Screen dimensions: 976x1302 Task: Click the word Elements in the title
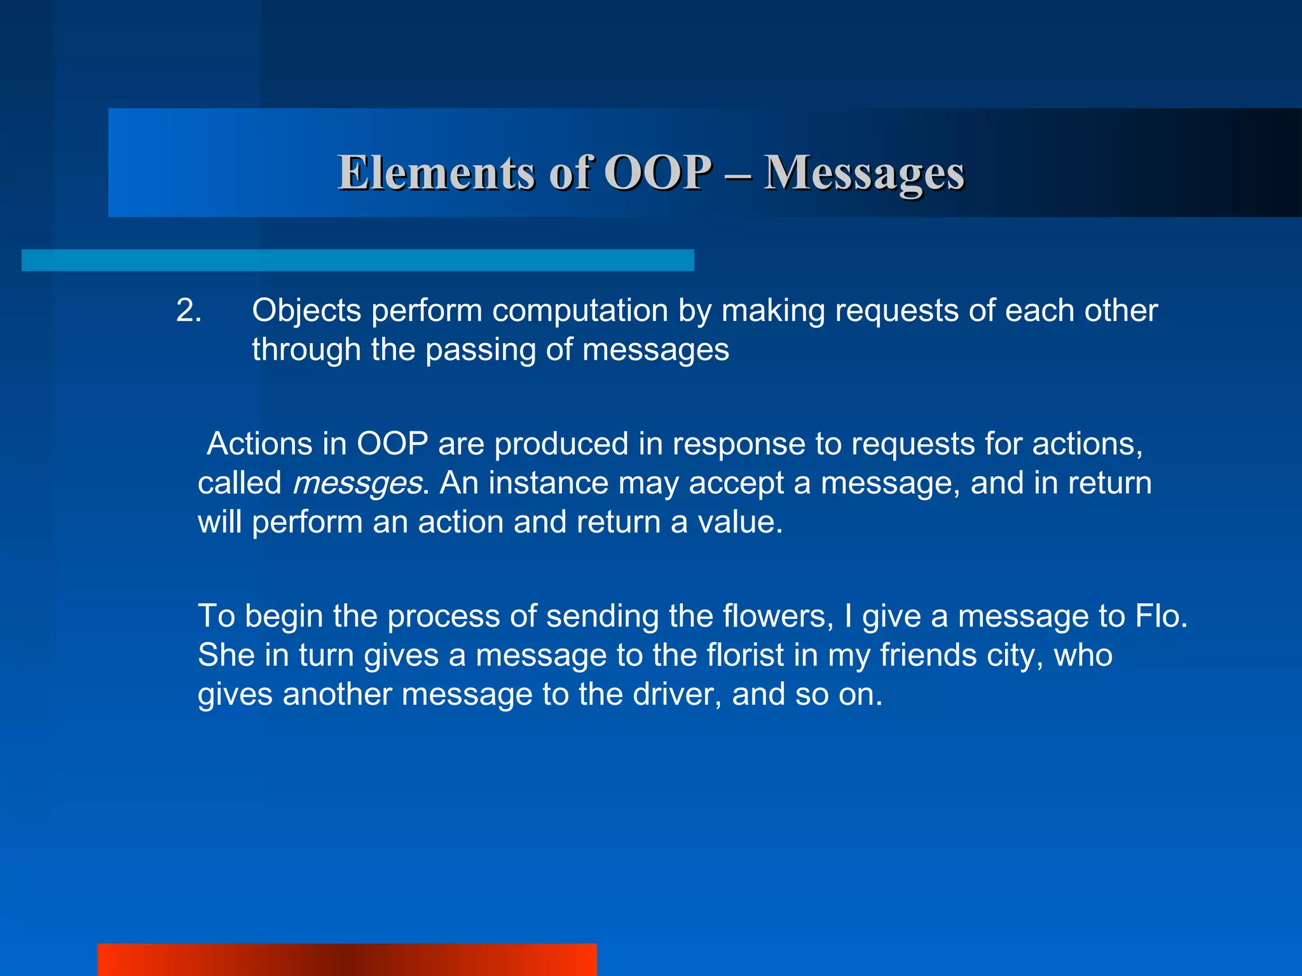pyautogui.click(x=436, y=173)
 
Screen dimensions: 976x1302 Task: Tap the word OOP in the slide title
pyautogui.click(x=657, y=173)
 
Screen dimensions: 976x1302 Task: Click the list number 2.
pyautogui.click(x=188, y=311)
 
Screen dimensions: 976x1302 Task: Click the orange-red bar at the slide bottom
pyautogui.click(x=346, y=959)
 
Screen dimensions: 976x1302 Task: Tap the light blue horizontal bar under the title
pyautogui.click(x=357, y=261)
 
